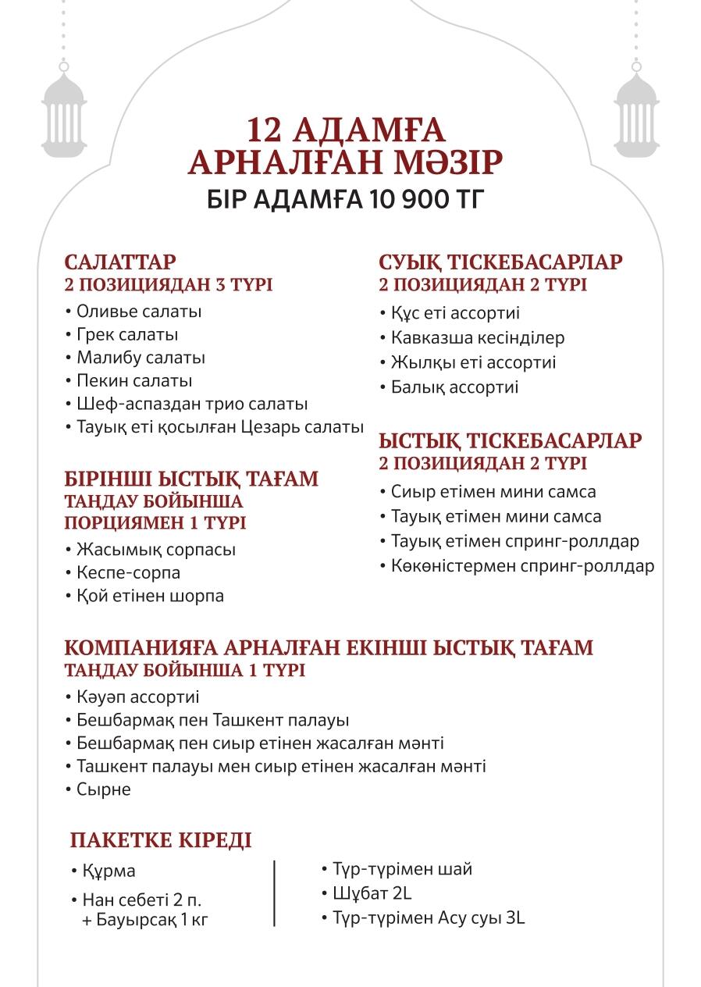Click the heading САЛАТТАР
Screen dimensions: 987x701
(x=120, y=262)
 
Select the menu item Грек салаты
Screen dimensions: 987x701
(x=127, y=335)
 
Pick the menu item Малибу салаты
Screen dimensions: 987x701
(x=141, y=358)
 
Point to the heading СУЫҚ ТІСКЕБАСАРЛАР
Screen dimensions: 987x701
(x=500, y=262)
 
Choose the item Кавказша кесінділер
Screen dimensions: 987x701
(x=477, y=338)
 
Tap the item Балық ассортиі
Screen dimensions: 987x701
(x=454, y=387)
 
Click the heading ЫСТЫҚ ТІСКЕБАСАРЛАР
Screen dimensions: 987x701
(x=511, y=440)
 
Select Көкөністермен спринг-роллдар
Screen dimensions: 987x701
(x=522, y=566)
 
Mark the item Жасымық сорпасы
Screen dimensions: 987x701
(x=156, y=550)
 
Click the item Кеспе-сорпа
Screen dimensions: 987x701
(x=129, y=573)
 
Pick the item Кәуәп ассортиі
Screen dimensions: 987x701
(x=138, y=697)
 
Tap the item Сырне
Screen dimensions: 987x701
(x=104, y=789)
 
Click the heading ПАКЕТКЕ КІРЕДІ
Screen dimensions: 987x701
(x=161, y=840)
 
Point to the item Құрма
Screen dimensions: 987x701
(x=109, y=871)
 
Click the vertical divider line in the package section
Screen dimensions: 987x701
(x=275, y=893)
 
